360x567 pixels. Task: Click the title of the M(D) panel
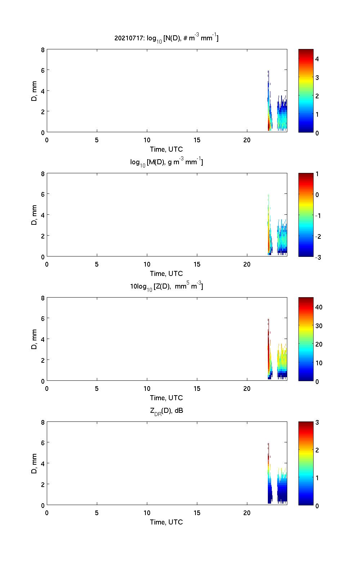click(x=166, y=162)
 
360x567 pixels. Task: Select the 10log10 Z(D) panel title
click(x=166, y=286)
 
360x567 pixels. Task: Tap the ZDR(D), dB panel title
click(x=166, y=411)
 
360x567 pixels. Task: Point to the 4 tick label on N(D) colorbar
click(x=317, y=59)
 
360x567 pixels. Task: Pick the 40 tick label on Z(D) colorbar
click(x=319, y=307)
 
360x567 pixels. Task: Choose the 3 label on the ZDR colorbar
click(x=317, y=423)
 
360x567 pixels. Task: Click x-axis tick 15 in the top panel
click(x=197, y=140)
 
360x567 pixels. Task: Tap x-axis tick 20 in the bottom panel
click(x=247, y=513)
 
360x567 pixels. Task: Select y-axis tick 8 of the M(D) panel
click(x=43, y=174)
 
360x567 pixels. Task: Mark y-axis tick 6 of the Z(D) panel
click(x=43, y=318)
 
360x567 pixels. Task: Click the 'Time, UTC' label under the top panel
click(x=166, y=149)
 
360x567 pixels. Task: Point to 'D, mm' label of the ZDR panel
click(x=35, y=464)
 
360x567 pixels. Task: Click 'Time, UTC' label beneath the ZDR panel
click(x=166, y=522)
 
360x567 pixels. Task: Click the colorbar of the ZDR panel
click(x=306, y=464)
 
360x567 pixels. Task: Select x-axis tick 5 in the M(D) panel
click(x=97, y=264)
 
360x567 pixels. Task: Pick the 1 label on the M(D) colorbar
click(x=317, y=174)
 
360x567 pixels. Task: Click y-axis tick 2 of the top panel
click(x=43, y=112)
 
